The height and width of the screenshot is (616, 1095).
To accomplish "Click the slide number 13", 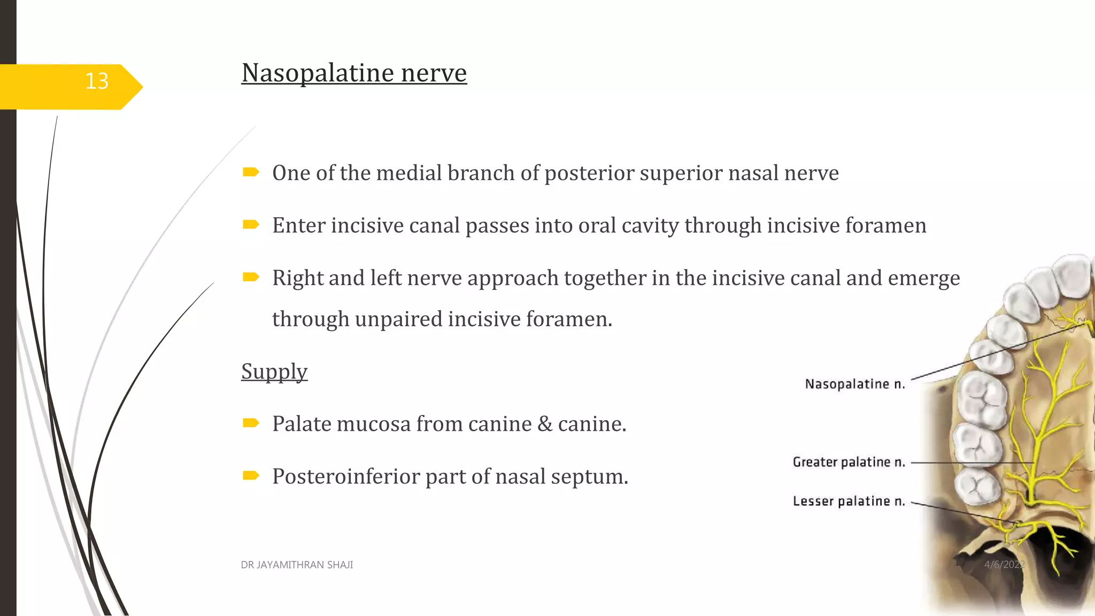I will [97, 81].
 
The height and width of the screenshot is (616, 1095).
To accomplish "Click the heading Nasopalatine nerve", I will [354, 73].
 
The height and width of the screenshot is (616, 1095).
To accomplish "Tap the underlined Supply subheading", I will [274, 371].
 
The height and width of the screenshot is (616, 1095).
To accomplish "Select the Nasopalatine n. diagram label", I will [854, 384].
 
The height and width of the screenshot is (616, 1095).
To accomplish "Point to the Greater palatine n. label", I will [849, 462].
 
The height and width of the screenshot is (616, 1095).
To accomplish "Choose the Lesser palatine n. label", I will [849, 501].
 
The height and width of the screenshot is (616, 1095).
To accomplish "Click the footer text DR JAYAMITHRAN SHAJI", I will [297, 565].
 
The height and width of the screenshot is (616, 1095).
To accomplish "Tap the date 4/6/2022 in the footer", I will [1004, 565].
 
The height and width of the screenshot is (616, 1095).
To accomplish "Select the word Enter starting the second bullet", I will [298, 226].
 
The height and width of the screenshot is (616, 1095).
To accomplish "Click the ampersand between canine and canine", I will [545, 424].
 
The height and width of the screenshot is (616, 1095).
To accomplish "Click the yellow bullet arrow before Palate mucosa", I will [251, 423].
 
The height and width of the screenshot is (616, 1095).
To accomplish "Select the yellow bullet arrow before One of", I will [251, 172].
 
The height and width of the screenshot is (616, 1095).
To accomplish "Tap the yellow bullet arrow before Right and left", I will [251, 277].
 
